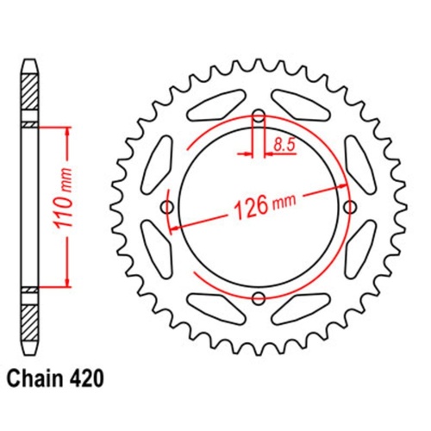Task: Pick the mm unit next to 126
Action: (x=283, y=205)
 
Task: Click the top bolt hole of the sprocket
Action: (x=259, y=116)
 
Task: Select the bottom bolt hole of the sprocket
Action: (x=259, y=298)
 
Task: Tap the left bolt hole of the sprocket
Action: (x=167, y=207)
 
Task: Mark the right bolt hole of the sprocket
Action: (x=350, y=207)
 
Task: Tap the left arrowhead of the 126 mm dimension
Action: (x=173, y=228)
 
